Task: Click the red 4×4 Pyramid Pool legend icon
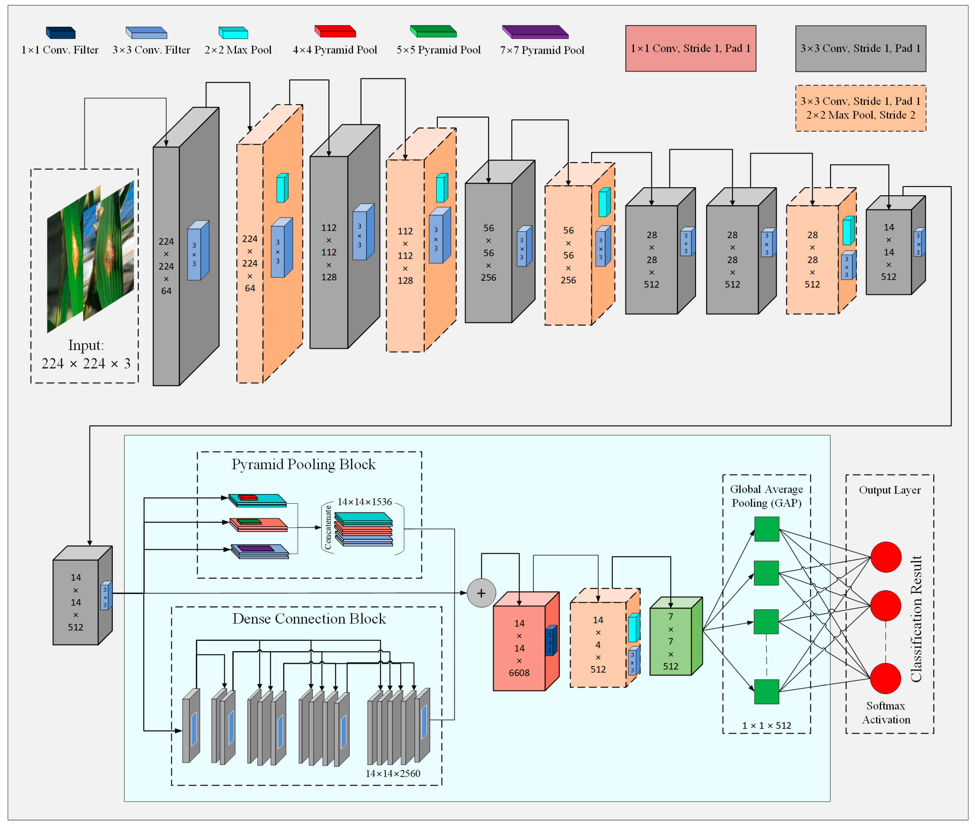(x=335, y=31)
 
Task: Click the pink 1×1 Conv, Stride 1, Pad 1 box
(x=690, y=48)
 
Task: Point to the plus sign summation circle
(x=481, y=593)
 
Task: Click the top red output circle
(x=885, y=557)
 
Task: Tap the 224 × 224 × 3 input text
(x=86, y=363)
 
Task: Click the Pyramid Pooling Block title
(x=304, y=464)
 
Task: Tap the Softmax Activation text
(x=885, y=712)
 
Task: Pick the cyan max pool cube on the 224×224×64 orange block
(x=282, y=188)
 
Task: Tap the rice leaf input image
(x=90, y=256)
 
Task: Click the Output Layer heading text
(x=889, y=490)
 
